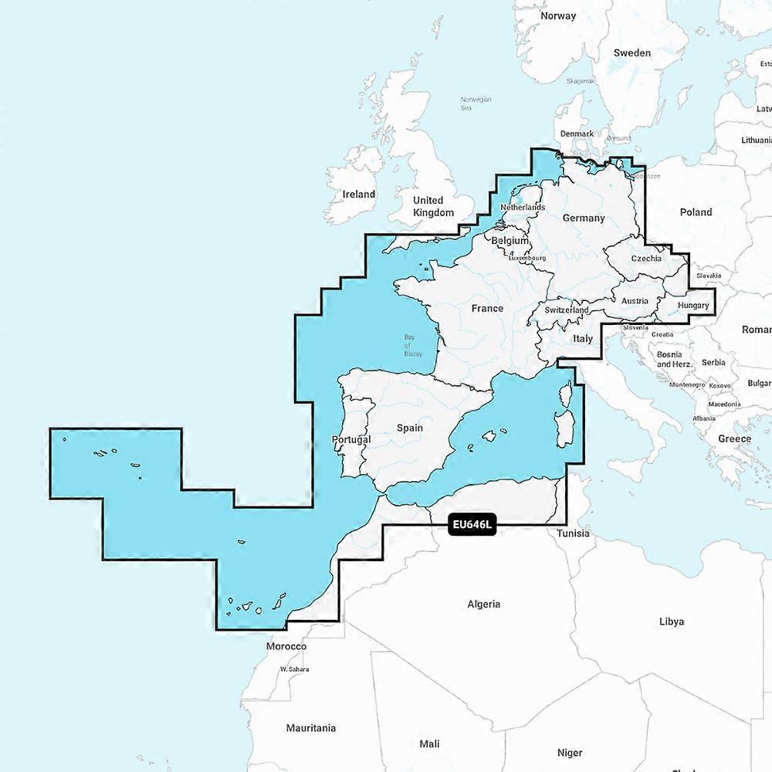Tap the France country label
coord(487,308)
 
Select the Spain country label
coord(410,428)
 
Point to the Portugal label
coord(350,439)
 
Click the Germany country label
coord(584,218)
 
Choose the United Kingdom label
coord(433,206)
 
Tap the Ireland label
coord(359,195)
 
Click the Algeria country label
coord(484,604)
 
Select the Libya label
coord(671,621)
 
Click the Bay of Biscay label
coord(413,345)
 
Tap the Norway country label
coord(558,15)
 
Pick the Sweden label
coord(631,52)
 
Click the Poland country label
coord(696,212)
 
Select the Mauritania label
coord(310,727)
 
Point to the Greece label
coord(734,438)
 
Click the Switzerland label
coord(567,310)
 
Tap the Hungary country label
coord(692,306)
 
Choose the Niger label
coord(570,752)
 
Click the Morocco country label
coord(286,646)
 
